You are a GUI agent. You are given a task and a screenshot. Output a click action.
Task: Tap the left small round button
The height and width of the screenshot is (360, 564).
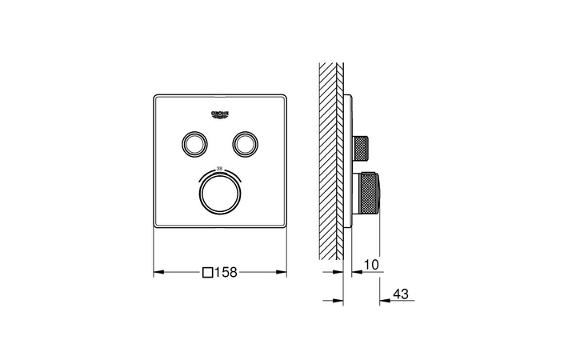point(193,143)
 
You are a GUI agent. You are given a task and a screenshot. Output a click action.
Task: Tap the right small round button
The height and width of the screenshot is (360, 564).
point(244,143)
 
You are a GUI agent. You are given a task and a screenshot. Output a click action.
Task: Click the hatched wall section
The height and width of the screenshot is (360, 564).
point(330,160)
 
